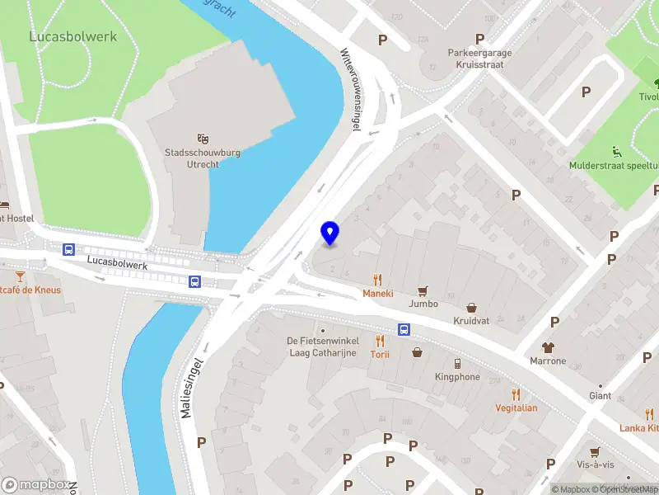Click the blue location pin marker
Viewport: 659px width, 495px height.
329,233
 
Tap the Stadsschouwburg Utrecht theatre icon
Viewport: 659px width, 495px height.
203,138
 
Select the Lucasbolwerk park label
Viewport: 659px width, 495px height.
73,37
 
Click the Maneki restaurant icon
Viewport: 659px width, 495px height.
378,280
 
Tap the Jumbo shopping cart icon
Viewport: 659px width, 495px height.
423,290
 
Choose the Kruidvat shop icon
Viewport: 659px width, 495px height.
472,308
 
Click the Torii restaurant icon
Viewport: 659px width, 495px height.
380,341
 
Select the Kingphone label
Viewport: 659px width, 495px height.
457,377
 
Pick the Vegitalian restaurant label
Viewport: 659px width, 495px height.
516,408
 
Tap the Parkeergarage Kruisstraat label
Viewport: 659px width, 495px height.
480,58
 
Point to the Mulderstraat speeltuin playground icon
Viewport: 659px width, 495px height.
616,151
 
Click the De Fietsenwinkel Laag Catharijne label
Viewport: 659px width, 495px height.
322,347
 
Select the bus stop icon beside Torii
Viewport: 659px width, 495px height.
404,329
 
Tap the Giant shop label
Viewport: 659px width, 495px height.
600,396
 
